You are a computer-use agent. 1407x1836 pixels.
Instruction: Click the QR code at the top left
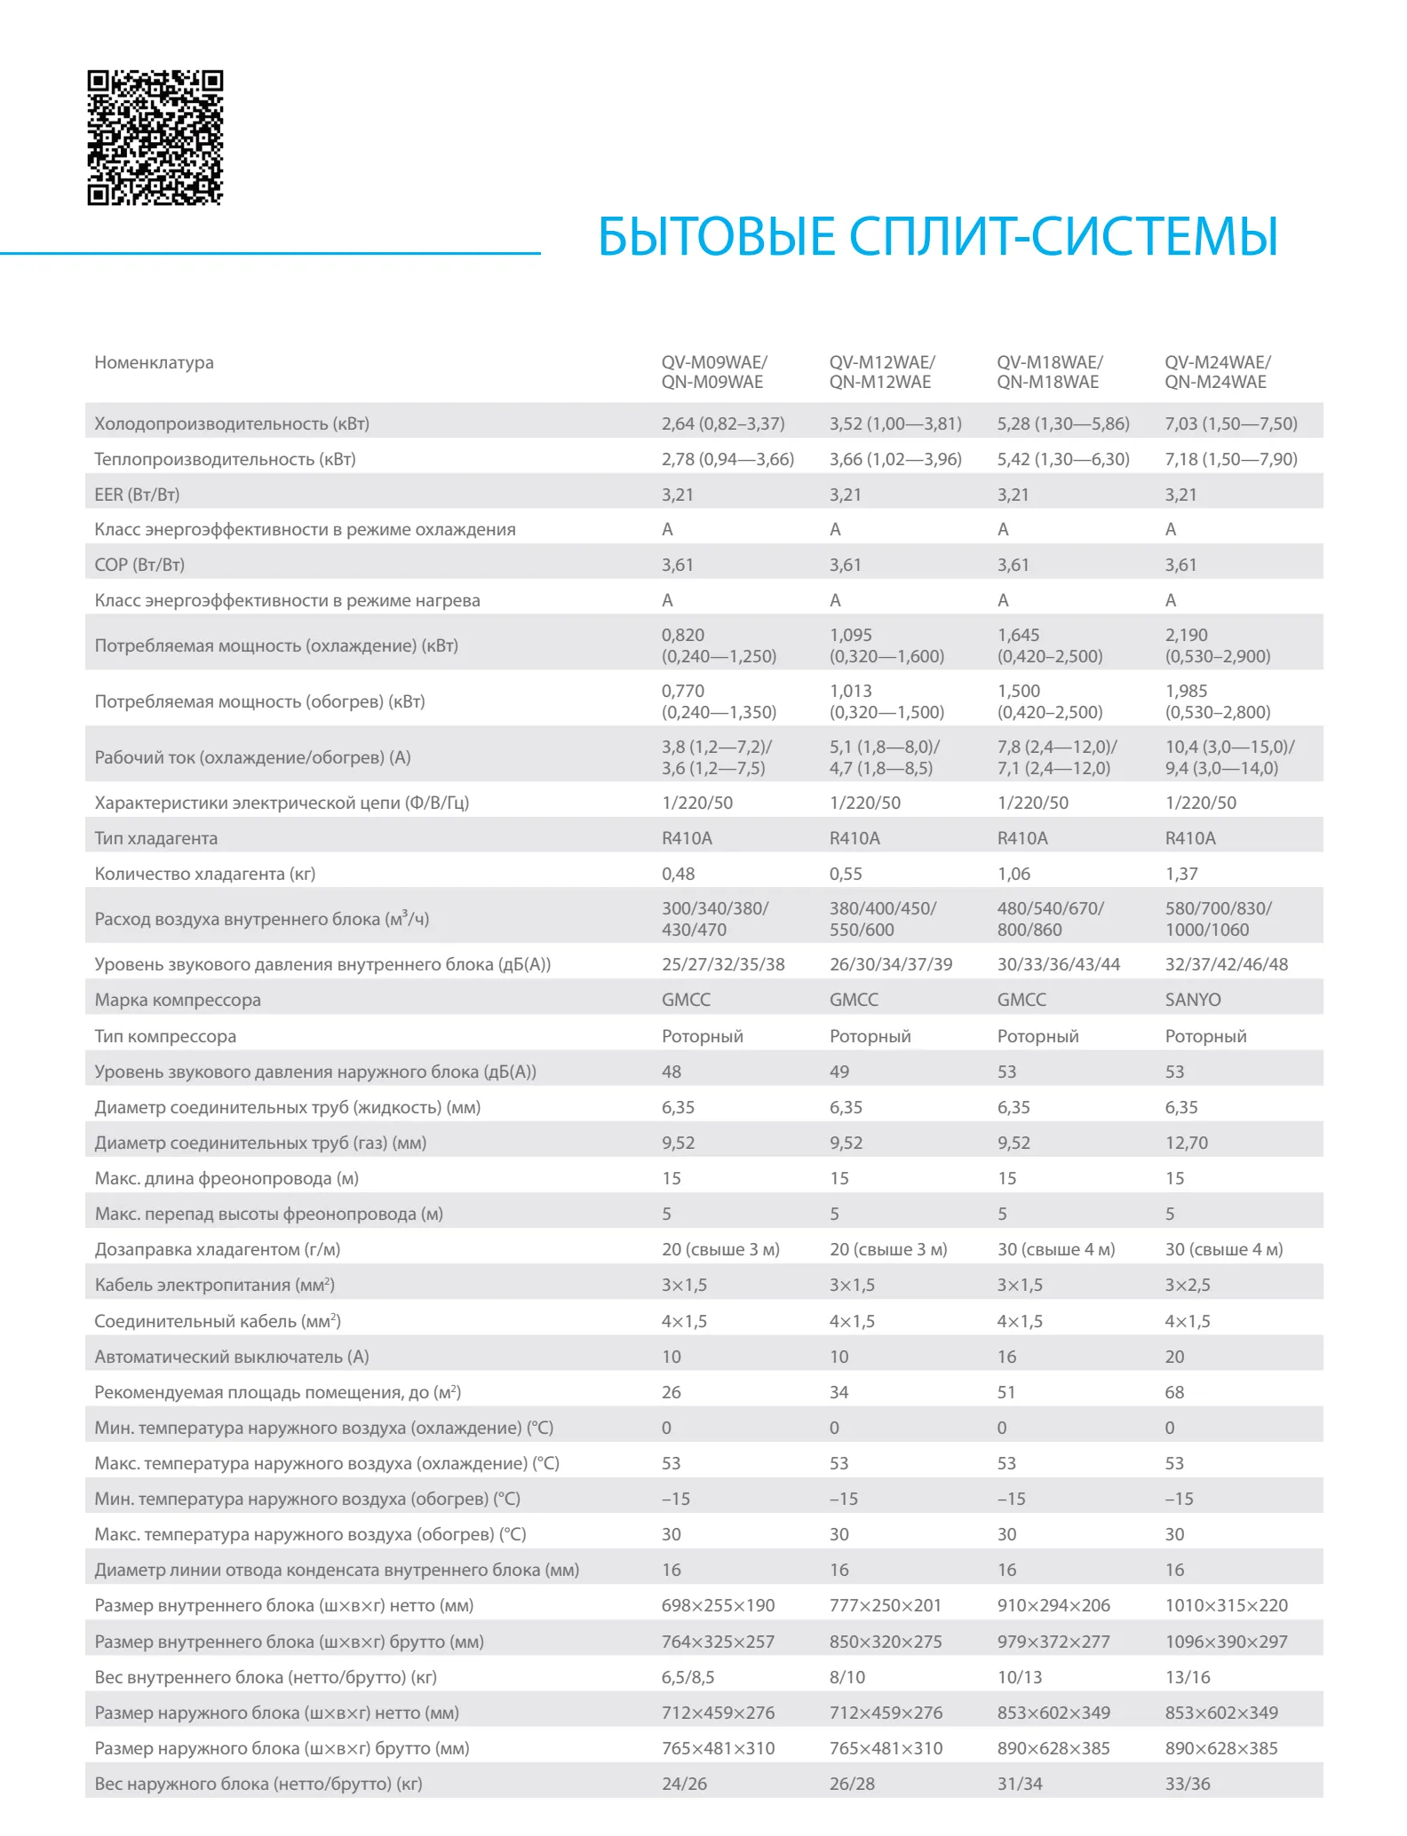pyautogui.click(x=155, y=138)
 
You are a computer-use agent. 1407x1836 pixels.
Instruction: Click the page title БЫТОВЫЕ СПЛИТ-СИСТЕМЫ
pyautogui.click(x=937, y=236)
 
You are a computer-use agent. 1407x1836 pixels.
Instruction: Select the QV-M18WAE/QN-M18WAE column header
pyautogui.click(x=1049, y=372)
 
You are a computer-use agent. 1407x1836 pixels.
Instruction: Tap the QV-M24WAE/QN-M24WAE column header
pyautogui.click(x=1217, y=372)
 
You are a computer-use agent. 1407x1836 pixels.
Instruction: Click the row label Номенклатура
pyautogui.click(x=154, y=362)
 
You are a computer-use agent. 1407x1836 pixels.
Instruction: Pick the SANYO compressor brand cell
pyautogui.click(x=1192, y=1000)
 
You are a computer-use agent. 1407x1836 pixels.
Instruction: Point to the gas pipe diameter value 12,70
pyautogui.click(x=1186, y=1143)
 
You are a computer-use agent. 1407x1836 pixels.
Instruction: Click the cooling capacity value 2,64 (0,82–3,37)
pyautogui.click(x=722, y=423)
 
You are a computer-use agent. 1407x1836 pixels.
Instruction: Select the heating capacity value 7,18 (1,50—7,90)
pyautogui.click(x=1230, y=459)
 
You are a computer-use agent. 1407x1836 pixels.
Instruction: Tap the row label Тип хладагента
pyautogui.click(x=155, y=838)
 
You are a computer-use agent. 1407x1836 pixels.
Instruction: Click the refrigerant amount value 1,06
pyautogui.click(x=1014, y=874)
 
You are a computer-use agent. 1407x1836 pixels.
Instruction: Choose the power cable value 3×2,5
pyautogui.click(x=1188, y=1285)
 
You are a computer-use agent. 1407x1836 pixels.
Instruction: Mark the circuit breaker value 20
pyautogui.click(x=1174, y=1357)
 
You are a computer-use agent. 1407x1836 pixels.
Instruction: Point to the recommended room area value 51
pyautogui.click(x=1006, y=1392)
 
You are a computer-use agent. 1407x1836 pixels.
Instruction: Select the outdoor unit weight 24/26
pyautogui.click(x=684, y=1784)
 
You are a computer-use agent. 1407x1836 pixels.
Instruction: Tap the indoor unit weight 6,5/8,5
pyautogui.click(x=688, y=1677)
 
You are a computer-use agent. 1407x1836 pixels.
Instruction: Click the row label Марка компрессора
pyautogui.click(x=178, y=1000)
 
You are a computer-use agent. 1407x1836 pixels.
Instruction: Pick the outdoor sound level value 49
pyautogui.click(x=839, y=1072)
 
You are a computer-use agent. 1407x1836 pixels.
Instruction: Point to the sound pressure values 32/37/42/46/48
pyautogui.click(x=1226, y=964)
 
